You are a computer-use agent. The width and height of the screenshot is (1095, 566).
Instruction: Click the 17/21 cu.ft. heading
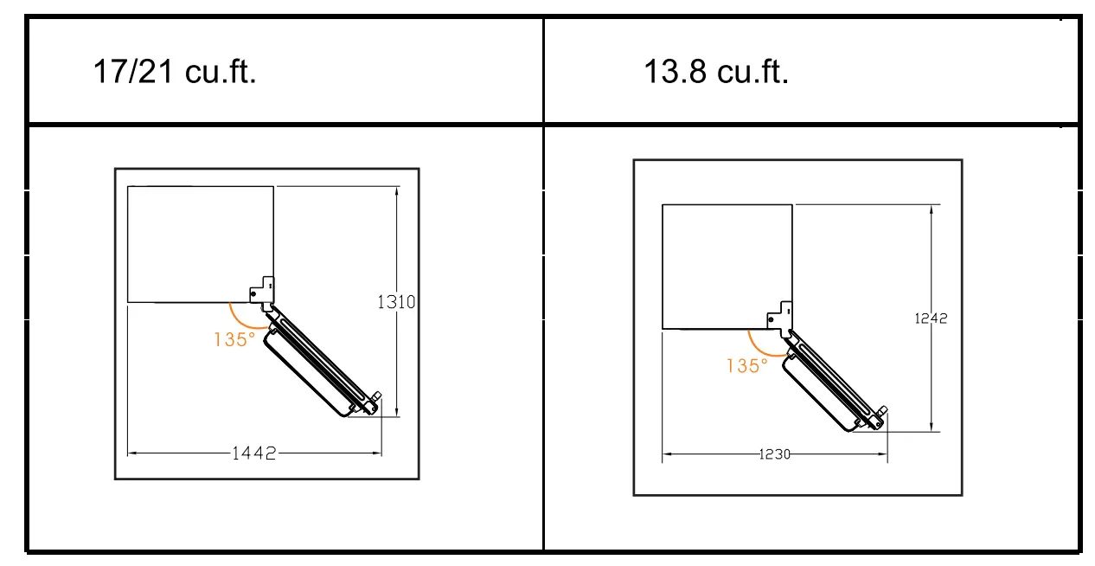point(175,72)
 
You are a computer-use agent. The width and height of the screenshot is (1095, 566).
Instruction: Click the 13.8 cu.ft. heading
point(716,72)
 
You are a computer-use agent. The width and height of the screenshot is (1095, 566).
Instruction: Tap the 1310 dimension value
point(396,302)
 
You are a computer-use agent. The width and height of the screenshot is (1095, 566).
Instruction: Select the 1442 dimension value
point(253,453)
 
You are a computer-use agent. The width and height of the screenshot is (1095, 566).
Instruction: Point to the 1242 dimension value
point(931,318)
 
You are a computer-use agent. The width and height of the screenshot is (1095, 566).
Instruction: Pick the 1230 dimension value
point(774,454)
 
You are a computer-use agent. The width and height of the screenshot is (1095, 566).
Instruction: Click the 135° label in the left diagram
point(234,339)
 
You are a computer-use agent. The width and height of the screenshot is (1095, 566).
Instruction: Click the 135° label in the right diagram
point(747,366)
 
